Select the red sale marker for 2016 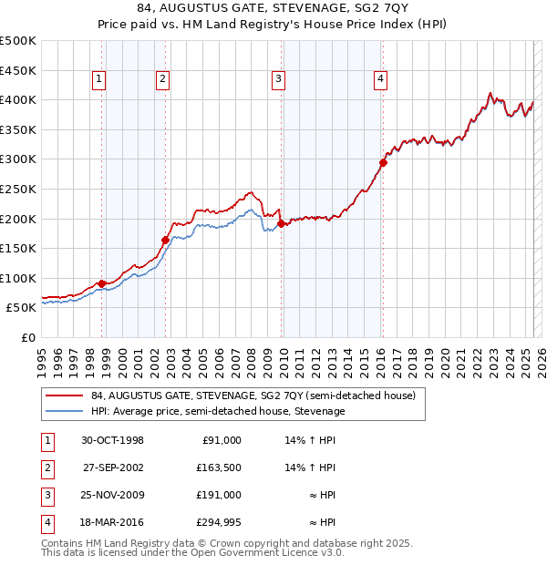coord(383,162)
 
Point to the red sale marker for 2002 coord(166,241)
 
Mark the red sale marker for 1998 coord(102,283)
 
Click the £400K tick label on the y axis coord(18,99)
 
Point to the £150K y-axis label coord(18,248)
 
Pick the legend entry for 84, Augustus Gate coord(253,395)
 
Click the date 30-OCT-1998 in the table coord(112,440)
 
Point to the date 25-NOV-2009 coord(112,495)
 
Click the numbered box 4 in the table coord(46,522)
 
